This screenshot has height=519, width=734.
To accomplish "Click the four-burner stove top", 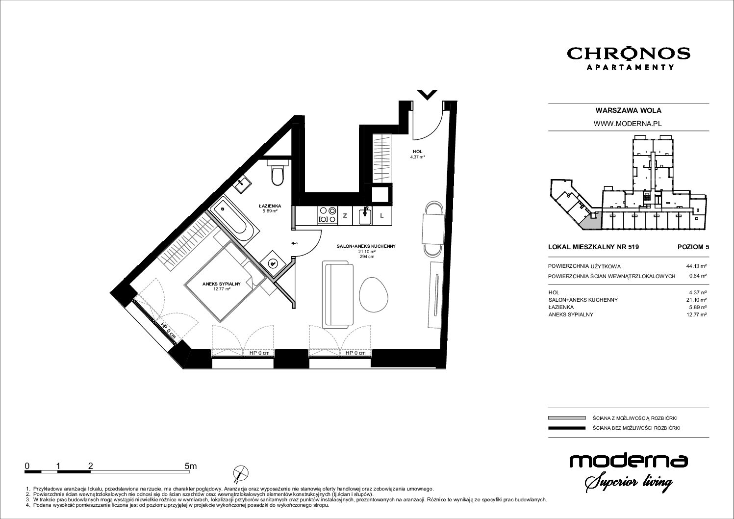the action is click(328, 215).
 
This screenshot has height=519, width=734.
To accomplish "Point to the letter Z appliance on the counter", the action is click(345, 216).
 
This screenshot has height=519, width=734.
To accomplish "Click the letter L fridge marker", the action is click(382, 216).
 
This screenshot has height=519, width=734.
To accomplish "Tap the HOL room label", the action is click(417, 152).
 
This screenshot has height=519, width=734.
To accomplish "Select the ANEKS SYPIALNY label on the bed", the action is click(222, 284).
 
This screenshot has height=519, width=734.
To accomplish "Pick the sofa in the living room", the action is click(337, 294).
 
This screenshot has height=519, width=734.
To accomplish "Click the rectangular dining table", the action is click(433, 228).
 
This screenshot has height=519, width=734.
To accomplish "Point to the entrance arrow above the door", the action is click(428, 95).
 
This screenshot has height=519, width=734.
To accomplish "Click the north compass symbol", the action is click(241, 474).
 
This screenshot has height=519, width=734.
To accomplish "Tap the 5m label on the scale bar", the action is click(191, 466).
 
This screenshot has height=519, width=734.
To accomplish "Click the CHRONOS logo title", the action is click(629, 54).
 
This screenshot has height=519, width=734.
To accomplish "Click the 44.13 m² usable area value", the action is click(696, 266).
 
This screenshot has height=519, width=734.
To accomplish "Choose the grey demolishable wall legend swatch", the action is click(566, 418).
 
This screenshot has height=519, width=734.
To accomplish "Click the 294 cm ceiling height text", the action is click(366, 257).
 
